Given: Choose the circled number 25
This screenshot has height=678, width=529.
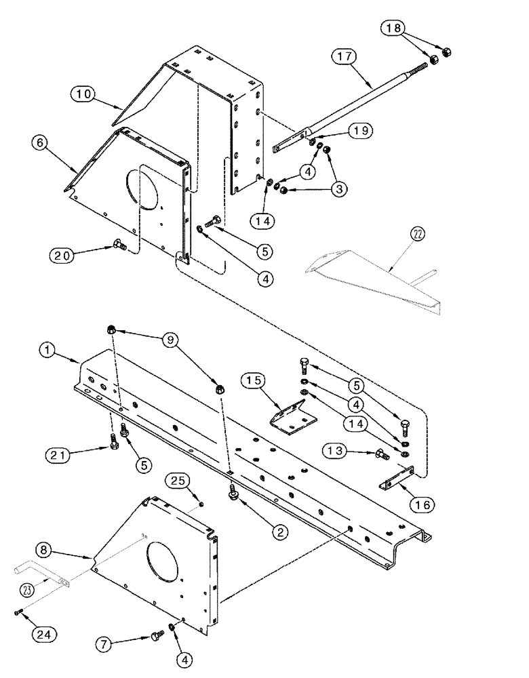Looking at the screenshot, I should click(178, 481).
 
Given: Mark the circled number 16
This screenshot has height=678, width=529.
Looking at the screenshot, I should click(425, 504).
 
